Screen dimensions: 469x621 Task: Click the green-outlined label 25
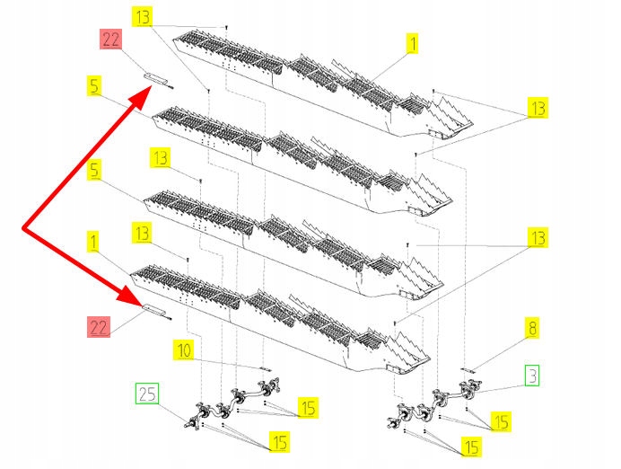[x=147, y=394]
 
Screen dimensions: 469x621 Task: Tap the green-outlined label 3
[x=532, y=376]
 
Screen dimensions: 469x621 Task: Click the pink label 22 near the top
[x=110, y=40]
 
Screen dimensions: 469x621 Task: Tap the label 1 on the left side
[x=94, y=240]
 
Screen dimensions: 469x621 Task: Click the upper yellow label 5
[x=94, y=86]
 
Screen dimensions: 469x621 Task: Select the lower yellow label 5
[x=94, y=168]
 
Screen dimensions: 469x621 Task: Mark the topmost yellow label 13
[x=143, y=17]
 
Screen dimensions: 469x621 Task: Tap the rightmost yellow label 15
[x=501, y=420]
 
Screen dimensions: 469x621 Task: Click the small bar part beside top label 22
[x=158, y=80]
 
